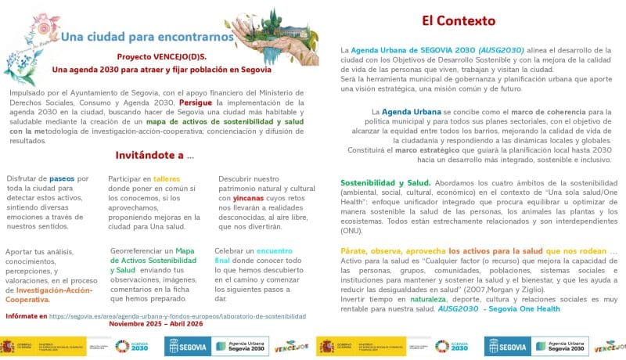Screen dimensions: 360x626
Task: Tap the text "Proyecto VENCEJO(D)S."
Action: [x=161, y=57]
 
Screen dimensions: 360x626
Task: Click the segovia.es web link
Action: [x=178, y=316]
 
